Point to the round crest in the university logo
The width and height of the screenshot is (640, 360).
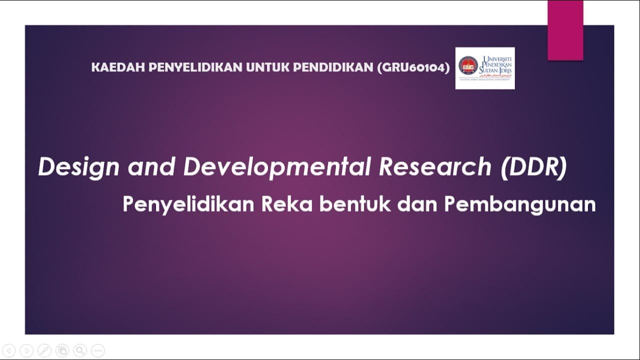468,65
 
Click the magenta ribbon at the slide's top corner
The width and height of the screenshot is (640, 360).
565,30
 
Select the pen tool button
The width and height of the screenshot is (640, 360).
44,350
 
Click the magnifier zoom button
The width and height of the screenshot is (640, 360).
79,350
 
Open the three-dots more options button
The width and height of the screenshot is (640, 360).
97,350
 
